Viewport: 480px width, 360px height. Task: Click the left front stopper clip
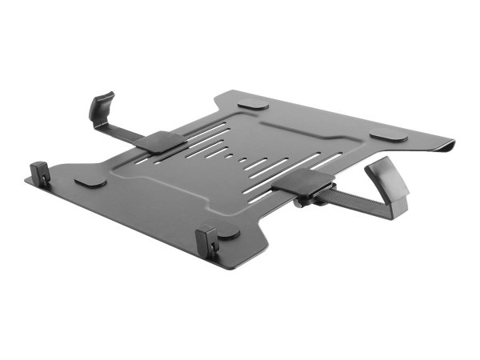tap(40, 173)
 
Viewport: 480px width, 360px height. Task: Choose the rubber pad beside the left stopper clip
tap(90, 183)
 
